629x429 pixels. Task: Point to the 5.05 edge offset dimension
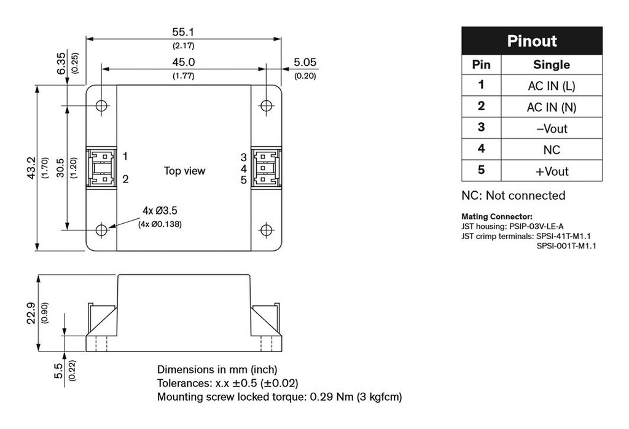(305, 62)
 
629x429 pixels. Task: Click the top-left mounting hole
(102, 106)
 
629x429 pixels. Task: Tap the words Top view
(184, 171)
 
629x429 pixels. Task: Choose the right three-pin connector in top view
(265, 168)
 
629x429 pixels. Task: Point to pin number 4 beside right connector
(244, 168)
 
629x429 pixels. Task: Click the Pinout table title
(531, 41)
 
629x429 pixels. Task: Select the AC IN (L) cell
(551, 86)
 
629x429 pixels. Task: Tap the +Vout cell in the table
(551, 171)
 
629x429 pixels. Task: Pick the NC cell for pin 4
(551, 149)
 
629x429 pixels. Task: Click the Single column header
(551, 65)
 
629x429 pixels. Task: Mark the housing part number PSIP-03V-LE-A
(536, 226)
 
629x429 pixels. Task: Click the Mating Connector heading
(496, 217)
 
